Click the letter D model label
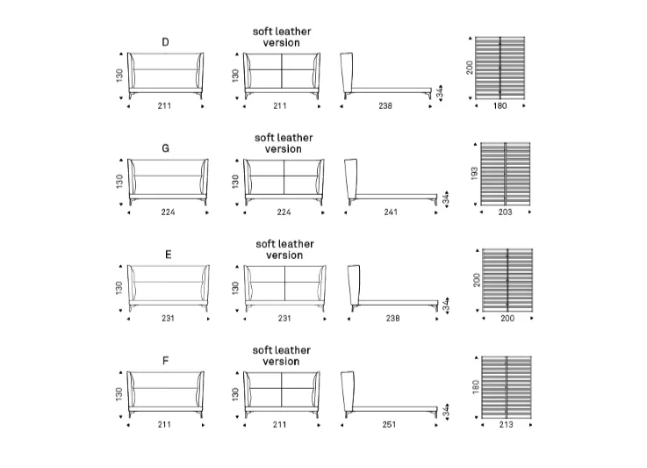(x=165, y=42)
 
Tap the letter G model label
(x=165, y=148)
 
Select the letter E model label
(x=168, y=255)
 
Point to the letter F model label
(x=165, y=361)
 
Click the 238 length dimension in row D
(x=385, y=106)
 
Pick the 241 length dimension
(x=391, y=212)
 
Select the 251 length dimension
(x=389, y=425)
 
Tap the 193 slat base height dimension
(x=475, y=173)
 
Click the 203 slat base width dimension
(x=505, y=212)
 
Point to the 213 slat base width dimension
(x=507, y=425)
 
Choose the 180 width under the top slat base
(x=500, y=106)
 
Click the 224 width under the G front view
(x=168, y=212)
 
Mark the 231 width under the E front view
(x=168, y=319)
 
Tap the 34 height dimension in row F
(x=446, y=411)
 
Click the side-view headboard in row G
(x=351, y=179)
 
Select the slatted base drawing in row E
(x=507, y=280)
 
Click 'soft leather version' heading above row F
(x=282, y=356)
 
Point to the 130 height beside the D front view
(x=119, y=76)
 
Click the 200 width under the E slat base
(x=507, y=319)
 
